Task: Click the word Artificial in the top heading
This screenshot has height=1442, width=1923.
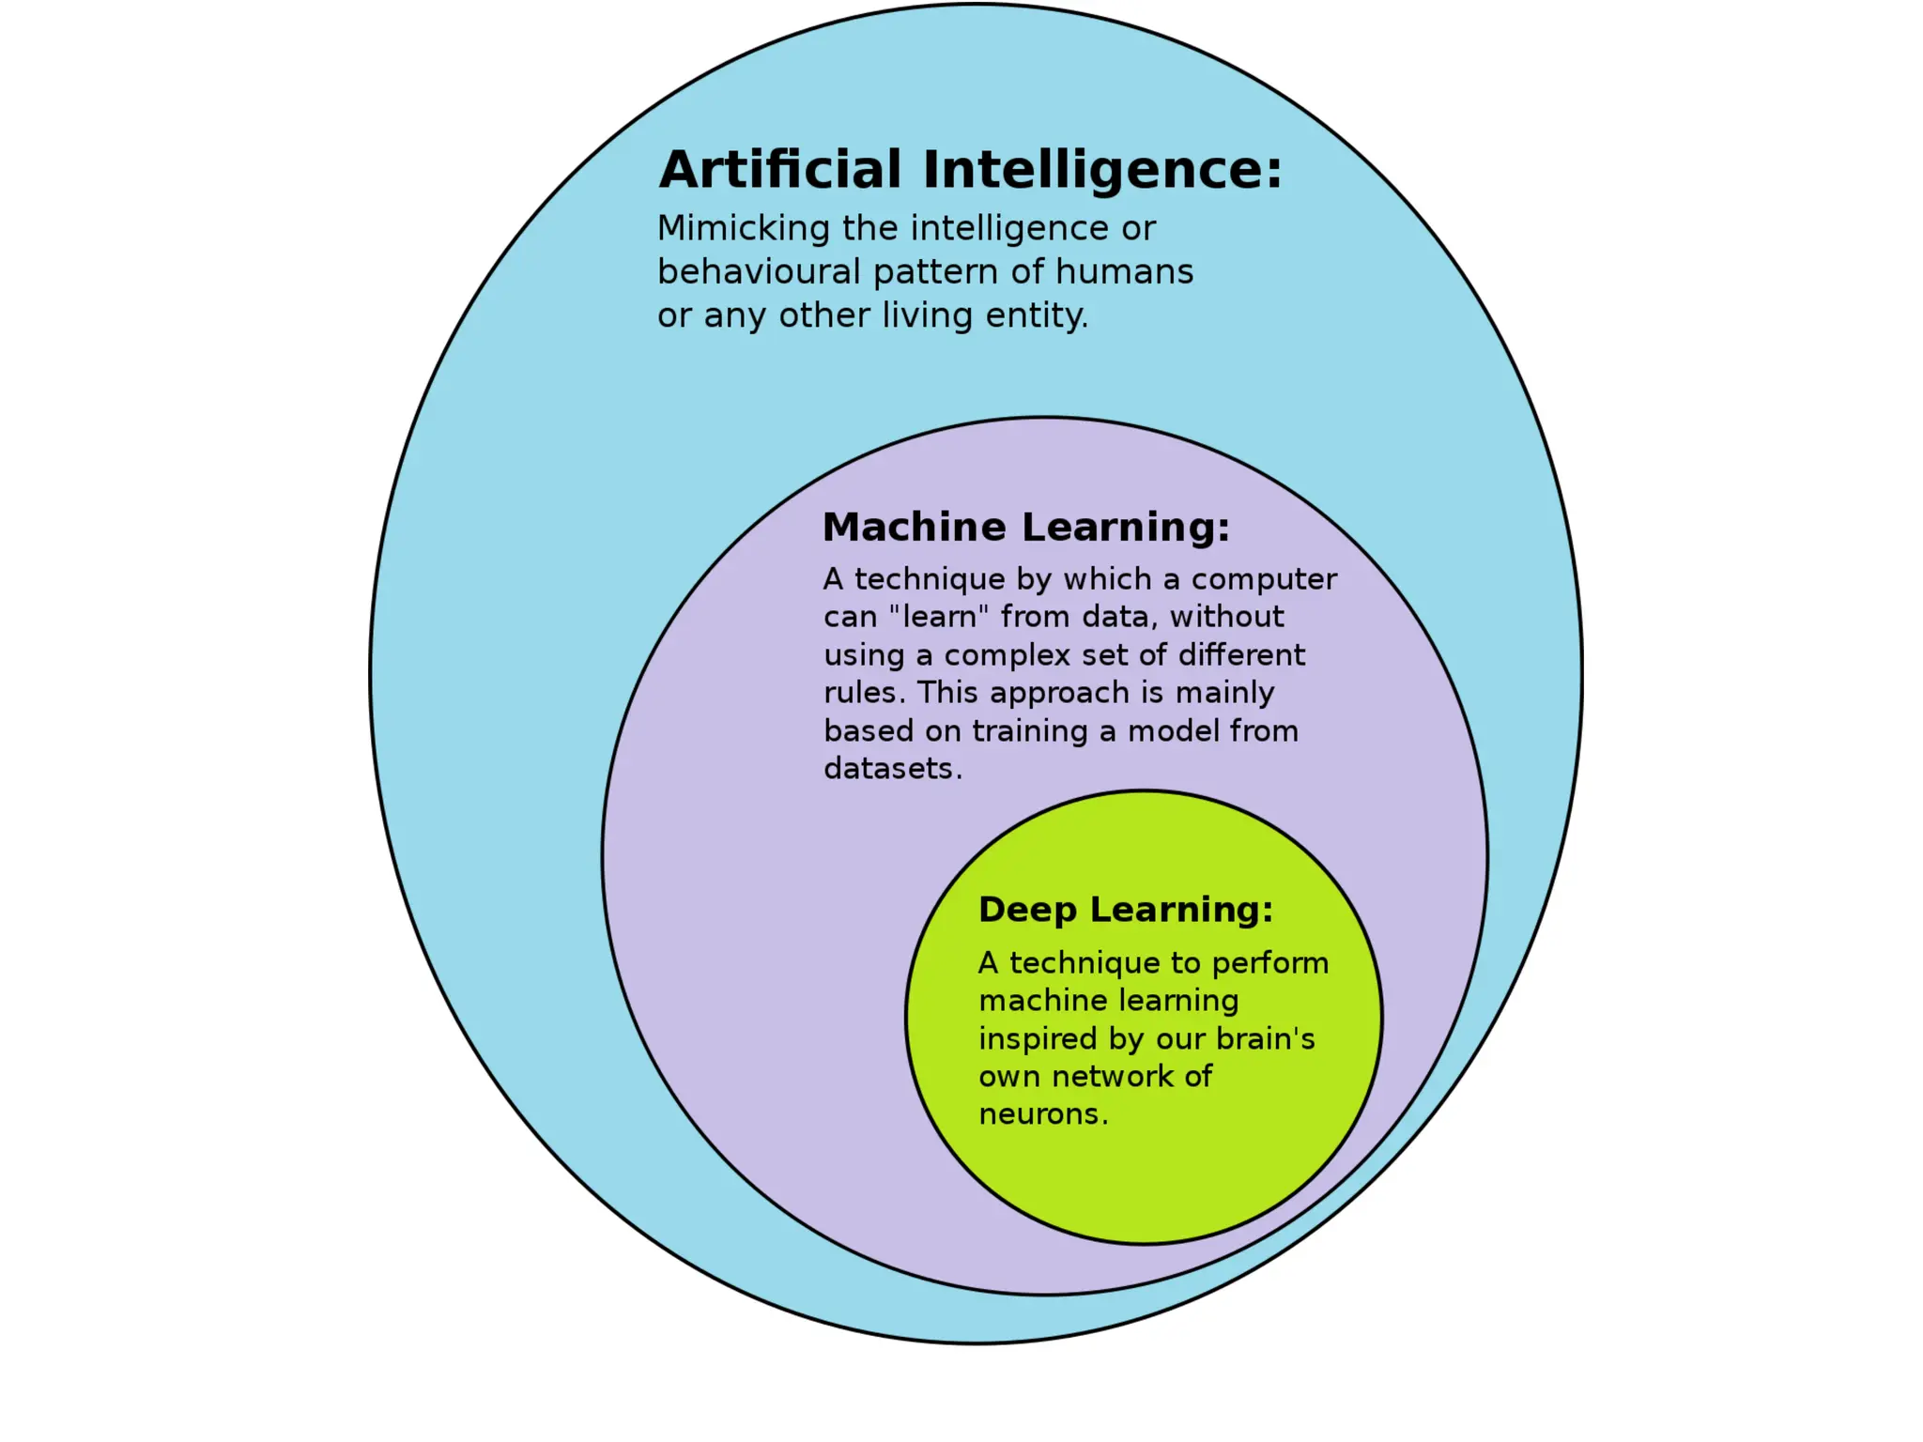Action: [780, 170]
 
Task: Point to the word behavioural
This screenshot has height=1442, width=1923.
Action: [759, 272]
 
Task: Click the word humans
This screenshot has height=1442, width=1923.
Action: [1124, 272]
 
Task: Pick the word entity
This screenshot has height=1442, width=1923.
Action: [1037, 316]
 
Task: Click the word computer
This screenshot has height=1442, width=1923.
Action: [1264, 580]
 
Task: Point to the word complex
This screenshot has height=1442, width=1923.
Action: [1007, 656]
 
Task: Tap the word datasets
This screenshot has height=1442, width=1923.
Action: [892, 769]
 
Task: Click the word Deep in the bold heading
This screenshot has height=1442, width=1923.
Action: [1027, 911]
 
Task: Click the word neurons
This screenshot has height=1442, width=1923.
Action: [1042, 1114]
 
